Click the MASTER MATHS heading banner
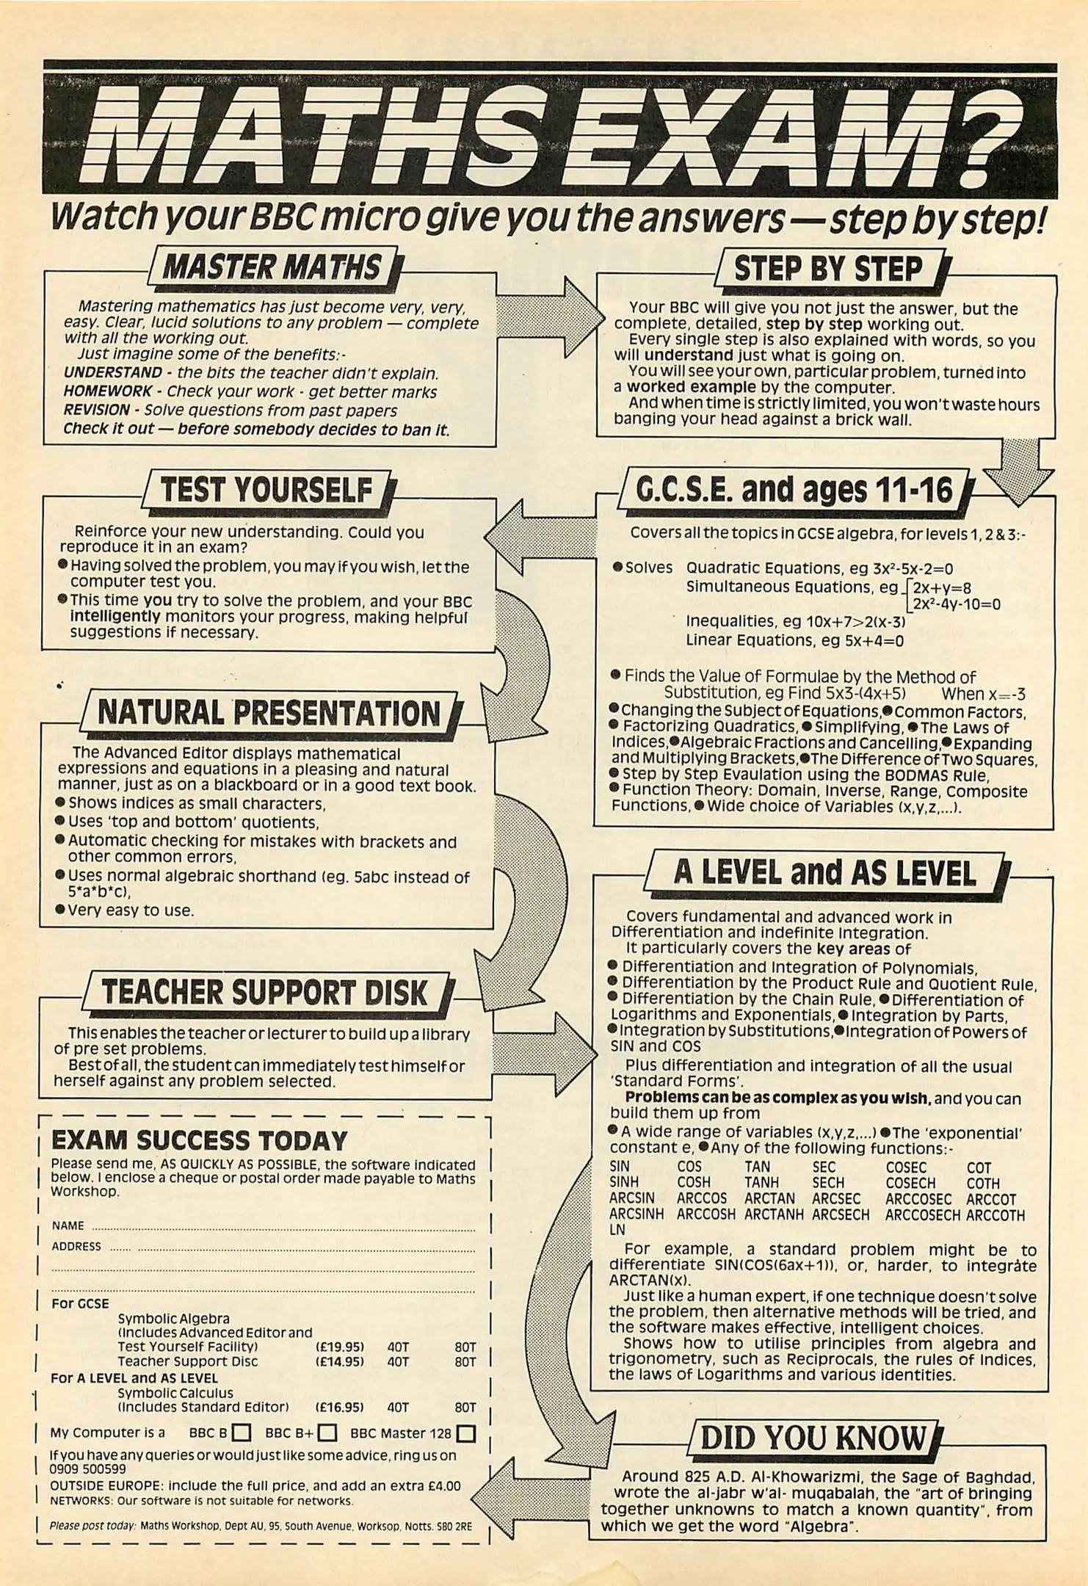tap(272, 268)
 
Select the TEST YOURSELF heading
tap(266, 490)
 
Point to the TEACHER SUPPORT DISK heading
tap(264, 992)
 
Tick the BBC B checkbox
tap(242, 1433)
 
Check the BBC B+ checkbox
tap(327, 1433)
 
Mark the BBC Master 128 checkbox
tap(465, 1433)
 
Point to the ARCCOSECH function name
tap(922, 1215)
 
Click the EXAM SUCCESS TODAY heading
tap(199, 1141)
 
